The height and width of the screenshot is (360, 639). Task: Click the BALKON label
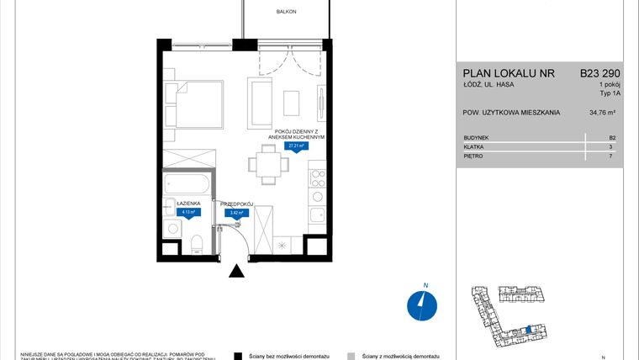coord(287,12)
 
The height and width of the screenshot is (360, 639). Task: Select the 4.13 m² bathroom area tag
coord(187,213)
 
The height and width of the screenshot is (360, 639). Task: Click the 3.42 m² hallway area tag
coord(236,213)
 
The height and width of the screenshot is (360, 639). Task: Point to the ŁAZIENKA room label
coord(187,204)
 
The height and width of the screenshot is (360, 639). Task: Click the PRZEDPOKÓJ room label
coord(236,204)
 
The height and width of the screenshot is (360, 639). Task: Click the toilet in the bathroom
coord(196,243)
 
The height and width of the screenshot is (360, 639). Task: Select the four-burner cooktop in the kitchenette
coord(318,177)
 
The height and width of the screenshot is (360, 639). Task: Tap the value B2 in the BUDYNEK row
coord(611,136)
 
